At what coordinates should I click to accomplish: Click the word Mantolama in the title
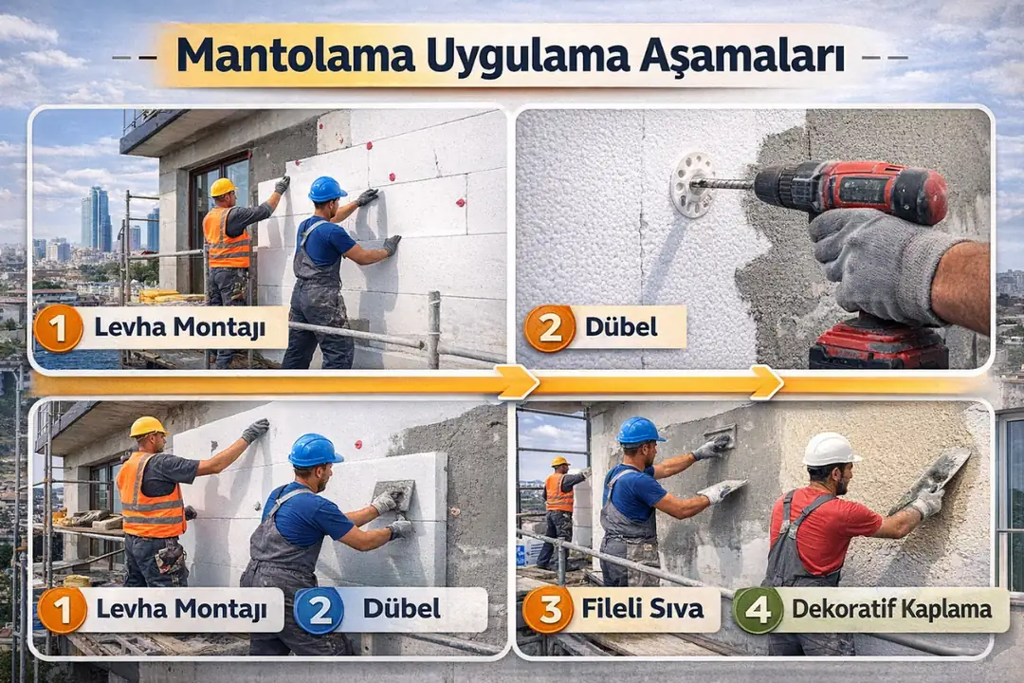click(294, 56)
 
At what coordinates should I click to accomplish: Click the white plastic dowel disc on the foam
click(691, 185)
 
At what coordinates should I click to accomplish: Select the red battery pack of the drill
click(878, 347)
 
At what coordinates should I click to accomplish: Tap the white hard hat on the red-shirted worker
click(831, 449)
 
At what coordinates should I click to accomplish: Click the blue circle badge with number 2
click(319, 610)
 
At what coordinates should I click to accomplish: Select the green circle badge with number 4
click(759, 610)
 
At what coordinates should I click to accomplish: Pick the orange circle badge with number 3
click(547, 610)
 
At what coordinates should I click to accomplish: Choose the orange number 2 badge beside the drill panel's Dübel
click(550, 328)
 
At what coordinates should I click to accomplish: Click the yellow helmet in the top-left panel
click(223, 187)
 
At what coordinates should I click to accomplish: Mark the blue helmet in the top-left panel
click(327, 189)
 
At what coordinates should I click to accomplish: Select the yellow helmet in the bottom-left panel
click(147, 427)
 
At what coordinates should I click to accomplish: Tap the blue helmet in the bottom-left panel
click(315, 450)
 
